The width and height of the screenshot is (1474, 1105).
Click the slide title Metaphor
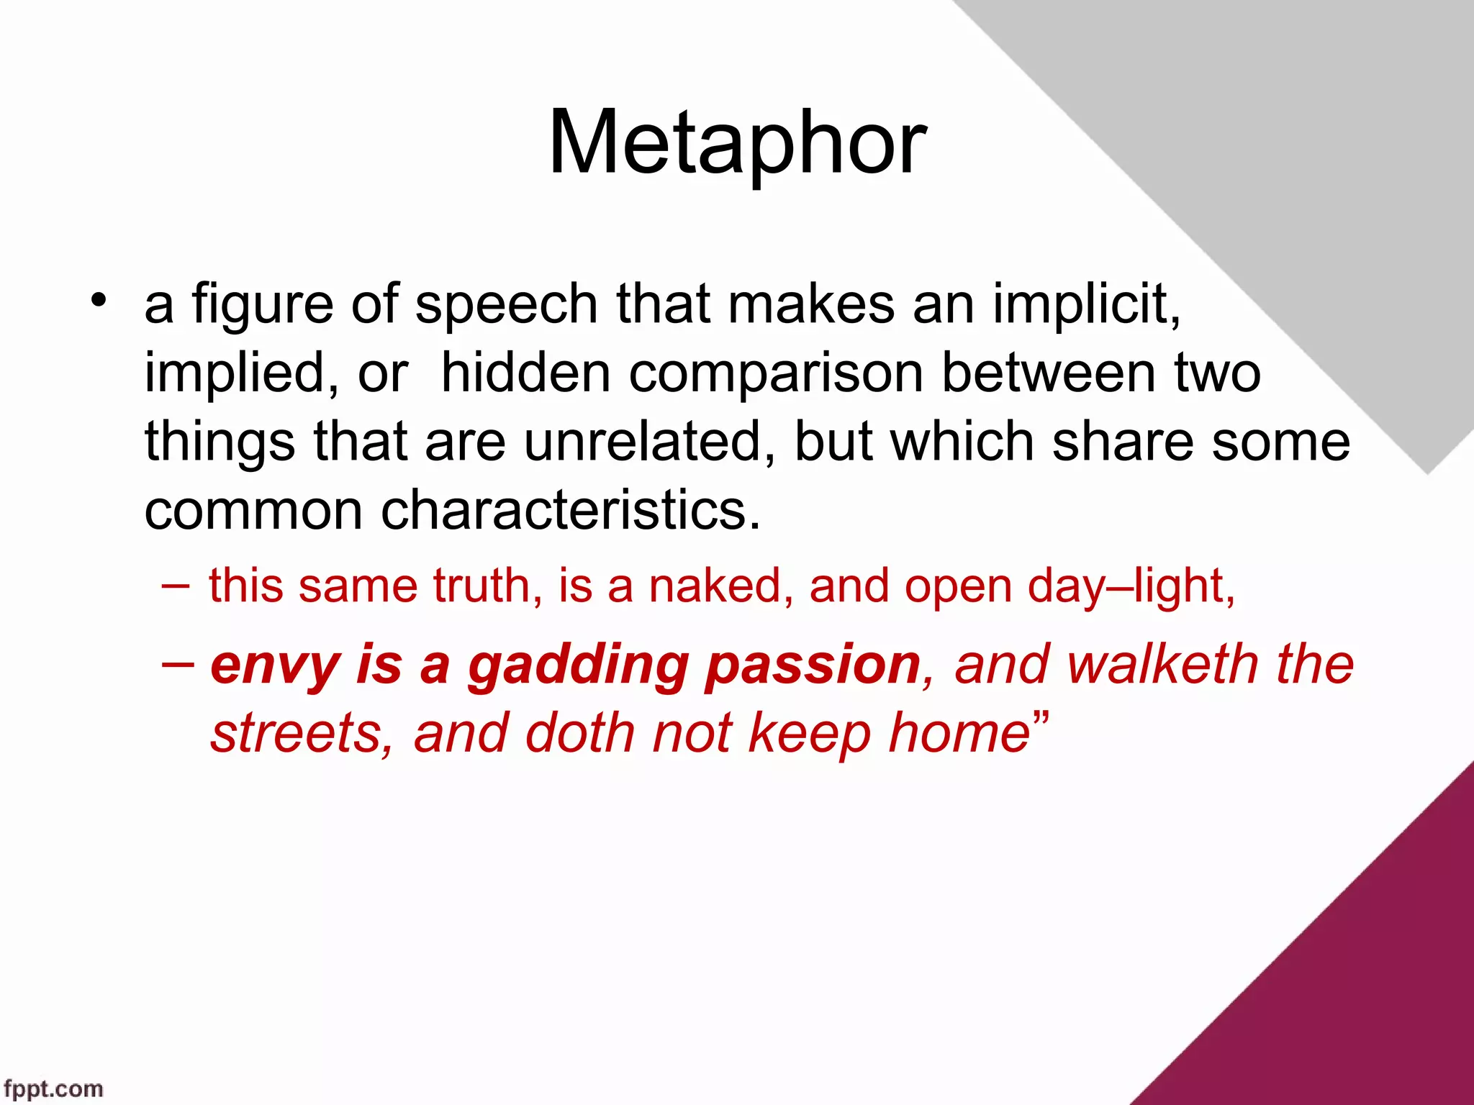[x=737, y=142]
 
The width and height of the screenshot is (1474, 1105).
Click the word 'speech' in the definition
[x=506, y=305]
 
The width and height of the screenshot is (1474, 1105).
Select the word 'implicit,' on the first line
[x=1087, y=305]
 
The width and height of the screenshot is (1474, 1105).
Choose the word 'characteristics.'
[x=570, y=510]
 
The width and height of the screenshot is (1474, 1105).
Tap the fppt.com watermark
[x=53, y=1088]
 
